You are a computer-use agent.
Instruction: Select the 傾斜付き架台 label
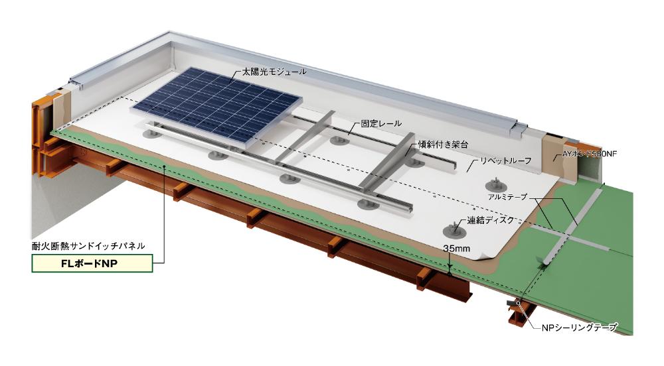pos(443,144)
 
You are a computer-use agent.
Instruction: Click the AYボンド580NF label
pos(589,154)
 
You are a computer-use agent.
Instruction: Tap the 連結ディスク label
pos(491,219)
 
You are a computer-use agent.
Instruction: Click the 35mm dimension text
pos(457,249)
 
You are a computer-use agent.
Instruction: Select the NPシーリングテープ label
pos(579,327)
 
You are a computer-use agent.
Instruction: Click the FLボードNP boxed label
pos(92,263)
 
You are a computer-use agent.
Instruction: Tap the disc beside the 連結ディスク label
pos(454,230)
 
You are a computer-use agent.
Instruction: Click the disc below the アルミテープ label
pos(496,185)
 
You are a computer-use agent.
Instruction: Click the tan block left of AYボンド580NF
pos(553,154)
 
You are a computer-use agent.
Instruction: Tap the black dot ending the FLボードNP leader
pos(164,166)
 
